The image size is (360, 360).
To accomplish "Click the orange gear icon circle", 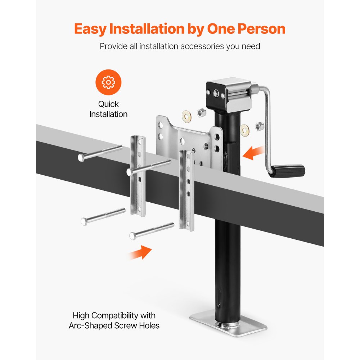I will pyautogui.click(x=108, y=82).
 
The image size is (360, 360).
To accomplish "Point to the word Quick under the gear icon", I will pyautogui.click(x=108, y=104).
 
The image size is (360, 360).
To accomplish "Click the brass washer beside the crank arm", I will pyautogui.click(x=246, y=128).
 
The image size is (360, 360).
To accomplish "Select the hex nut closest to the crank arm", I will pyautogui.click(x=258, y=126).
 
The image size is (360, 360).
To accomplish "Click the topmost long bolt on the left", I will pyautogui.click(x=100, y=153).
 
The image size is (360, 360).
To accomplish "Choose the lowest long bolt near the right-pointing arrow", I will pyautogui.click(x=152, y=230).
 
